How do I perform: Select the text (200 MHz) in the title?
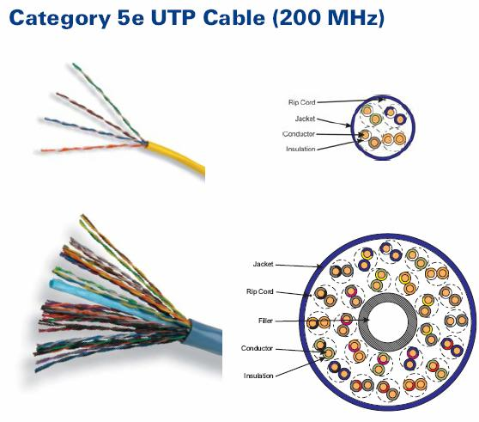328,18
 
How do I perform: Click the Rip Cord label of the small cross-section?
302,102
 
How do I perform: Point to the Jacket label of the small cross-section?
306,119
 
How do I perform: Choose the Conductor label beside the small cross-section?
299,134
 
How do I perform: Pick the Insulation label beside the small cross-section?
300,149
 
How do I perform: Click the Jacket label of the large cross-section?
263,264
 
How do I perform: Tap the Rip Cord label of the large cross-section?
259,291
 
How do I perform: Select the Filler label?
265,321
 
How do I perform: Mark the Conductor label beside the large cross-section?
257,348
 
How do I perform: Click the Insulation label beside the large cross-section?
258,376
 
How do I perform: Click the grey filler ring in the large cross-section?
363,322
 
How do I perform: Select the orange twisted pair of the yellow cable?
92,147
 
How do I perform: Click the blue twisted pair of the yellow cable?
92,130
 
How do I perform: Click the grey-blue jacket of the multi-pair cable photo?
204,335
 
